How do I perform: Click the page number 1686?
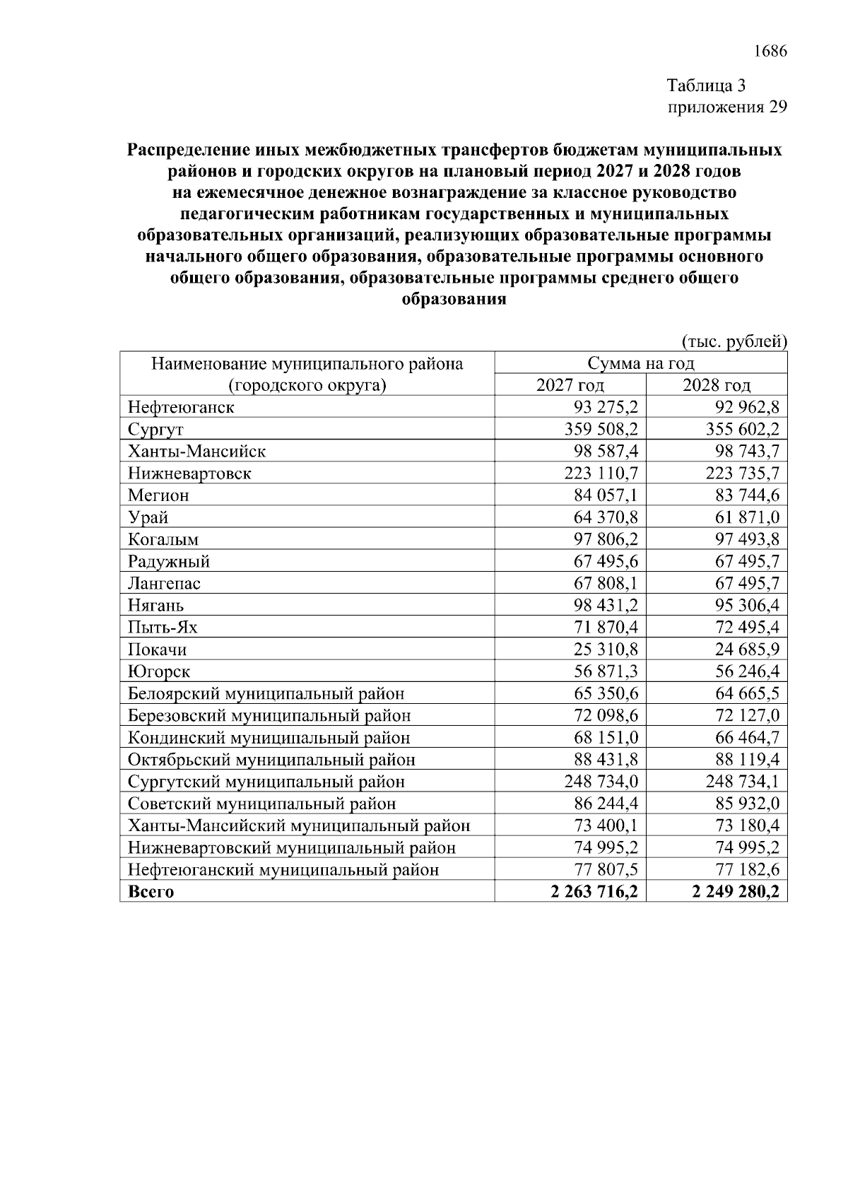tap(770, 52)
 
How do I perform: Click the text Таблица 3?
tap(707, 86)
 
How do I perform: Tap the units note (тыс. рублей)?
tap(734, 342)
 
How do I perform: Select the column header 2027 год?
tap(570, 385)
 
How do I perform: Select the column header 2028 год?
tap(717, 385)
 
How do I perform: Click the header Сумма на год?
tap(641, 363)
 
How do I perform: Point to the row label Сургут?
tap(155, 430)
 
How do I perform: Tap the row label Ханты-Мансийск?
tap(196, 451)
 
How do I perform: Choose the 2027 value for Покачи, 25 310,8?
tap(606, 649)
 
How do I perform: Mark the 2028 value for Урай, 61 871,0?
tap(746, 517)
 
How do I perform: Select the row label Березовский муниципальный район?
tap(269, 715)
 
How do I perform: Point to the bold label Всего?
tap(151, 891)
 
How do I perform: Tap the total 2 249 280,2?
tap(737, 891)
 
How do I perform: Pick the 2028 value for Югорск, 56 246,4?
tap(746, 671)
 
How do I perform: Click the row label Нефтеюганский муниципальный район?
tap(283, 869)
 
